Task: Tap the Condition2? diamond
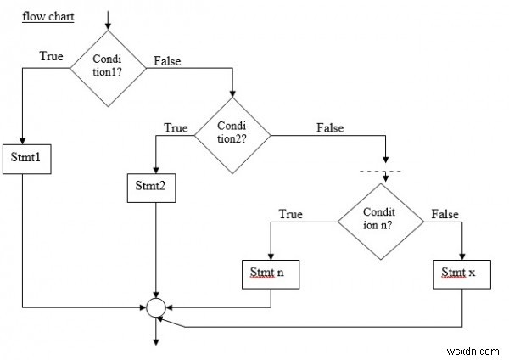click(x=232, y=133)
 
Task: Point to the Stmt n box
click(x=270, y=273)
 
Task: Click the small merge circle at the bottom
click(x=154, y=307)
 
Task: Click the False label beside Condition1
click(x=166, y=61)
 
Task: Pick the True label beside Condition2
click(x=176, y=128)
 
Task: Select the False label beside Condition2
click(x=330, y=128)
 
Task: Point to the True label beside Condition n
click(x=291, y=214)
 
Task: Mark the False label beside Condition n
click(x=445, y=214)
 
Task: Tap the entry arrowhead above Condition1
click(x=108, y=23)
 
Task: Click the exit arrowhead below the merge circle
click(x=154, y=342)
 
